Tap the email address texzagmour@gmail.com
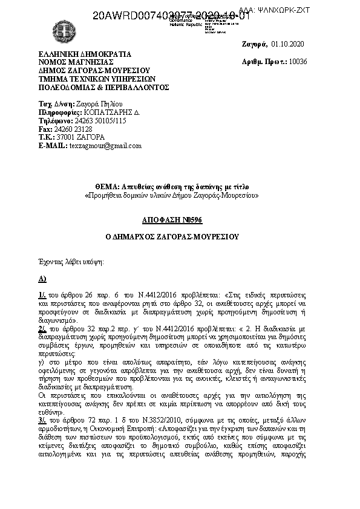pyautogui.click(x=105, y=146)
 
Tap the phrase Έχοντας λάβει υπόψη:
pyautogui.click(x=71, y=262)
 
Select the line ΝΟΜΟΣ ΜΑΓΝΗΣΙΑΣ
pyautogui.click(x=76, y=62)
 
